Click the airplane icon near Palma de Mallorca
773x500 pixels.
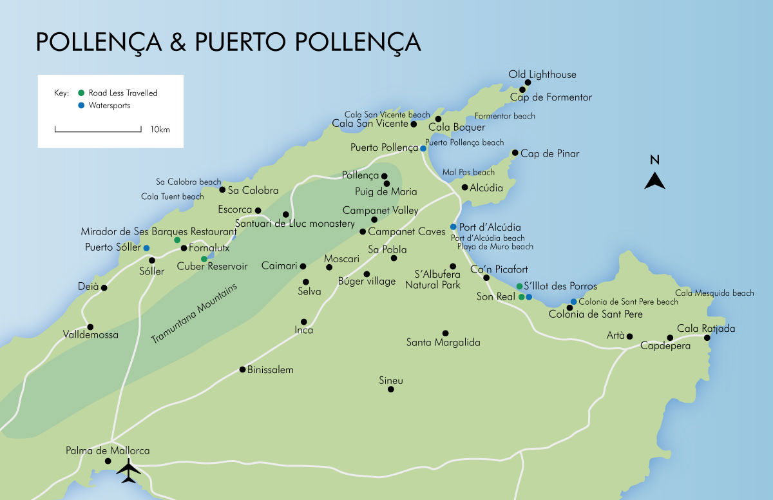129,471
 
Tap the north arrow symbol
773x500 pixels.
654,181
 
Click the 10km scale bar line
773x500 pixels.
98,131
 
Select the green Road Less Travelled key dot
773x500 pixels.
81,93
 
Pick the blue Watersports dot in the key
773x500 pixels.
81,105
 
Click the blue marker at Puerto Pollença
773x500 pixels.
423,148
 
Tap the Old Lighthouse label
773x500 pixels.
542,75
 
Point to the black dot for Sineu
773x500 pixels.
390,389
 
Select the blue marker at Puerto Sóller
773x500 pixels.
146,247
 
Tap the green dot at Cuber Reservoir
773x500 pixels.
204,259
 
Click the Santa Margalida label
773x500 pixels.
443,343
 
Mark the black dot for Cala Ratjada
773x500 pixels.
707,338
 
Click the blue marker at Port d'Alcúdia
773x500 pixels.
453,227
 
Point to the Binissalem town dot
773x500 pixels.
242,369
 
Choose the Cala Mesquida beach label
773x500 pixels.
714,293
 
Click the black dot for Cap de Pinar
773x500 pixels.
515,153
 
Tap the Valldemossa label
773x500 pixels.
91,335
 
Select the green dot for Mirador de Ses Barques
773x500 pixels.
177,240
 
